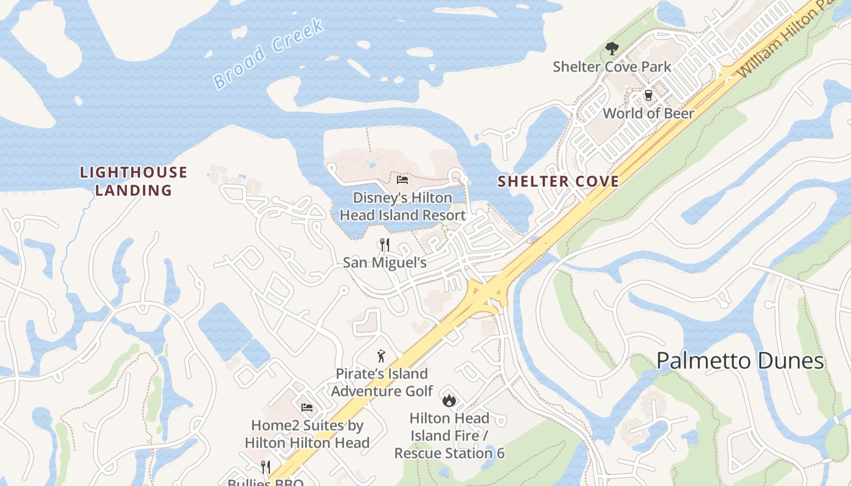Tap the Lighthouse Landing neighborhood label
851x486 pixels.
click(x=134, y=181)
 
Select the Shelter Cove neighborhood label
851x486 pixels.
click(x=558, y=181)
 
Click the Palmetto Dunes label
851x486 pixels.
click(x=740, y=361)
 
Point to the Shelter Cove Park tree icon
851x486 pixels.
click(x=612, y=49)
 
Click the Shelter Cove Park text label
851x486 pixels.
click(x=612, y=67)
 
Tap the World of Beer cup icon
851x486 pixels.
click(x=648, y=95)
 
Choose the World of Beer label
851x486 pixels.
click(x=648, y=113)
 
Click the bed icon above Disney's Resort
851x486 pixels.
click(x=402, y=180)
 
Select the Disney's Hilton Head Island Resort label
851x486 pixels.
click(x=402, y=207)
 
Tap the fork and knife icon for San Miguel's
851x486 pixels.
click(x=384, y=245)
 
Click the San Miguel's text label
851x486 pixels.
click(x=384, y=262)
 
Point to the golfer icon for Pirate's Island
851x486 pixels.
click(x=381, y=356)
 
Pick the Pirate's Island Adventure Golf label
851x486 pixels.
click(x=381, y=382)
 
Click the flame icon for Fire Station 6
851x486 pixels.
click(x=449, y=400)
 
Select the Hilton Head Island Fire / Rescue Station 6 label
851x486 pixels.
click(x=449, y=436)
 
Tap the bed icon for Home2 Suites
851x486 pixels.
click(x=307, y=407)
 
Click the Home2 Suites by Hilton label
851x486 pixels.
click(x=307, y=434)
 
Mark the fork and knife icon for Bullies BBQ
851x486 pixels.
click(x=266, y=467)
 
